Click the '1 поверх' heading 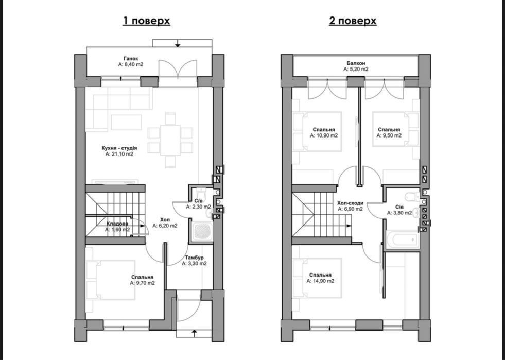(x=146, y=21)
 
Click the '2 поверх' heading (x=353, y=21)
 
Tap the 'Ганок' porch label (x=131, y=59)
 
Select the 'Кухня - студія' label (x=119, y=148)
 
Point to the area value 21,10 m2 (x=119, y=155)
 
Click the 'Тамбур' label (x=194, y=258)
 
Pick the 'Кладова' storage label (x=117, y=224)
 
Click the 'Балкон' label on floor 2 (x=356, y=63)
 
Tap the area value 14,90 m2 (x=320, y=281)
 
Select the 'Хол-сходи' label (x=351, y=203)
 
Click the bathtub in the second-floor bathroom (x=403, y=240)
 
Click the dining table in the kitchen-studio (x=170, y=140)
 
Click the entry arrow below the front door (x=194, y=333)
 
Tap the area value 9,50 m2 (x=389, y=135)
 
